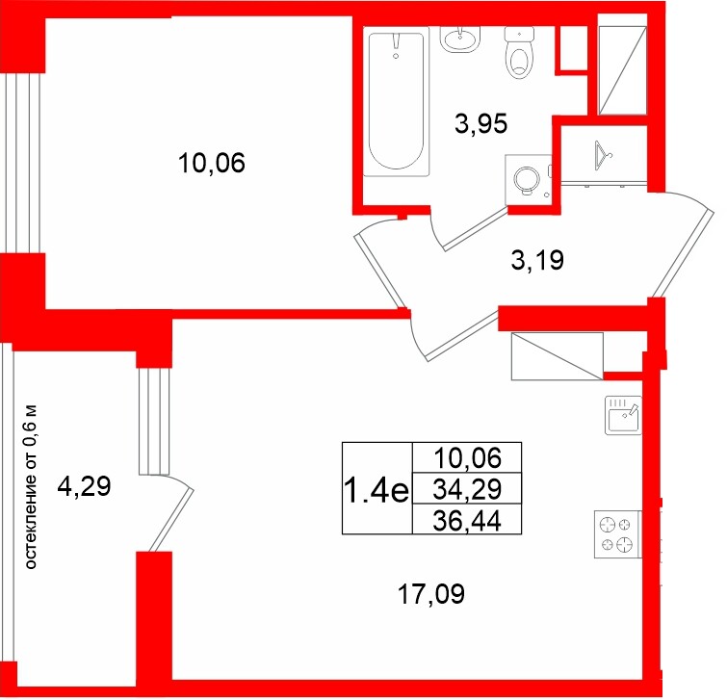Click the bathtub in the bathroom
(396, 101)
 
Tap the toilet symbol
(519, 52)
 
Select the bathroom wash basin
(459, 39)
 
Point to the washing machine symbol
(529, 180)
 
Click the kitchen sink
(624, 415)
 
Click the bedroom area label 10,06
(212, 163)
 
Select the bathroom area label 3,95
(481, 124)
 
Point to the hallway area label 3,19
(537, 260)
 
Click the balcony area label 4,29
(85, 487)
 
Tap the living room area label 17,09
(431, 594)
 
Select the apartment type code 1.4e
(376, 491)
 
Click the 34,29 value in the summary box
(467, 489)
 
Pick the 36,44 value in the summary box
(467, 521)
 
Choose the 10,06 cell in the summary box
(467, 458)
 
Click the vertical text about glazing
(31, 487)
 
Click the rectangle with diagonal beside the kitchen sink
(557, 356)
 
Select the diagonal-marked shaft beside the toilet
(622, 70)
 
